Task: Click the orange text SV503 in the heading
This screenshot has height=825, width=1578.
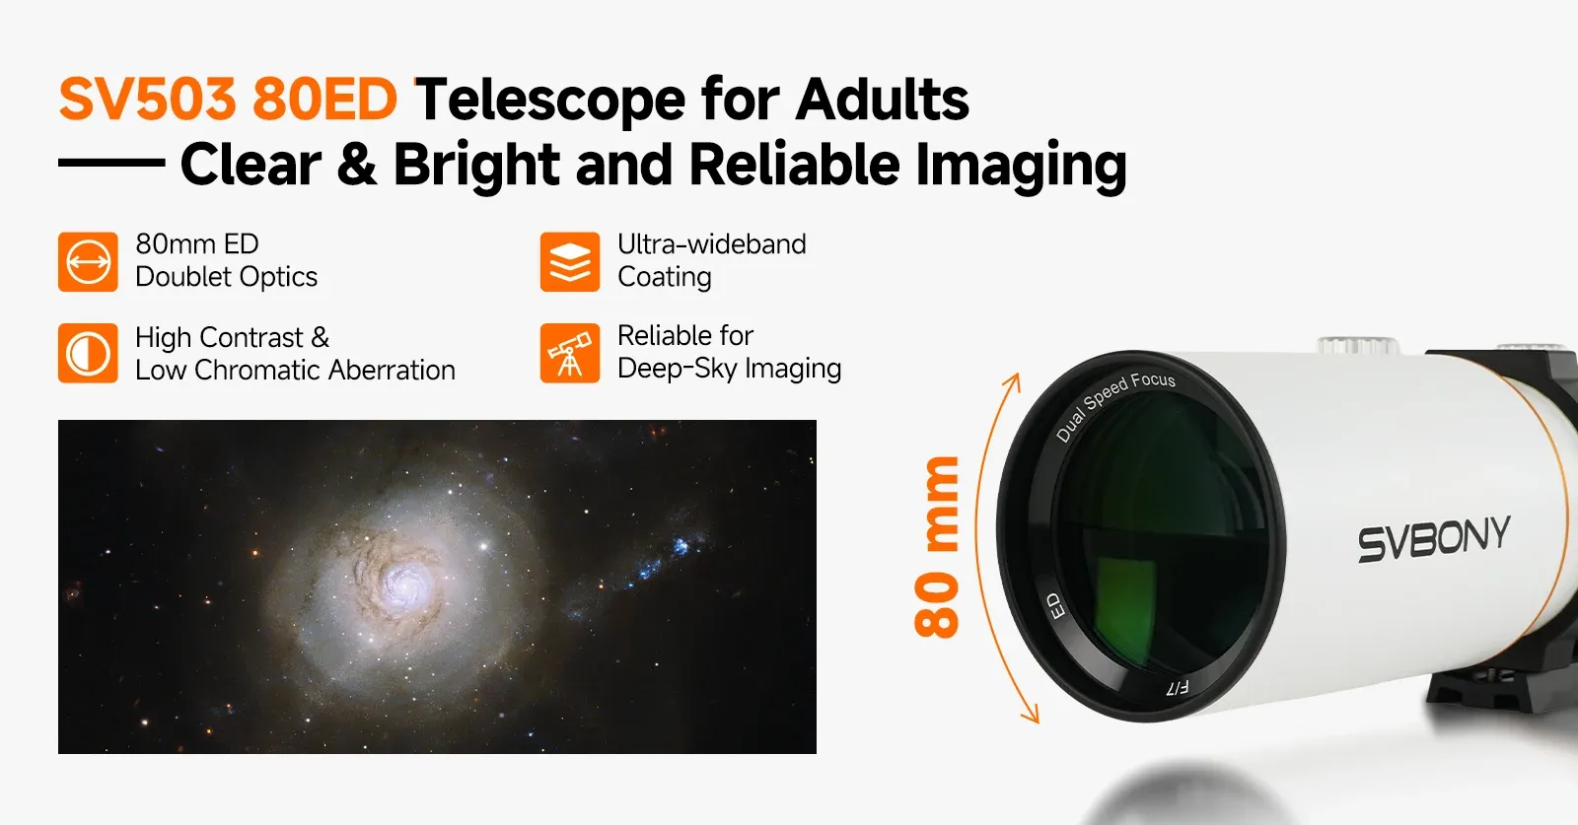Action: point(147,99)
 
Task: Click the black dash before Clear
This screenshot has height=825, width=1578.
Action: point(111,162)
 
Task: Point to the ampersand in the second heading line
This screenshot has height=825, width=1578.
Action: point(357,164)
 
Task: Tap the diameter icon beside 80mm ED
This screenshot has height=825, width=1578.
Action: point(88,262)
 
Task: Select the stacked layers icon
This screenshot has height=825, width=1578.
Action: point(570,262)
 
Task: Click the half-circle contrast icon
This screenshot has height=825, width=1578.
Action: point(88,353)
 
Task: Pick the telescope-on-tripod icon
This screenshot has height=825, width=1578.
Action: point(570,353)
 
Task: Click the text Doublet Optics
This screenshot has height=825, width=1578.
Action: point(226,277)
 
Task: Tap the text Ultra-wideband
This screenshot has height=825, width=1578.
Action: point(711,244)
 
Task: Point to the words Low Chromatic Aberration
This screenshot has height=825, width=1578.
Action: point(295,371)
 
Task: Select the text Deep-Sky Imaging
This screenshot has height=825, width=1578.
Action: point(729,369)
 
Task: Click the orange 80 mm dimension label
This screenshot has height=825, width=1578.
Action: point(937,547)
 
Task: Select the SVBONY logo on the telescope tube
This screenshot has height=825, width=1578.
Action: point(1434,538)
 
